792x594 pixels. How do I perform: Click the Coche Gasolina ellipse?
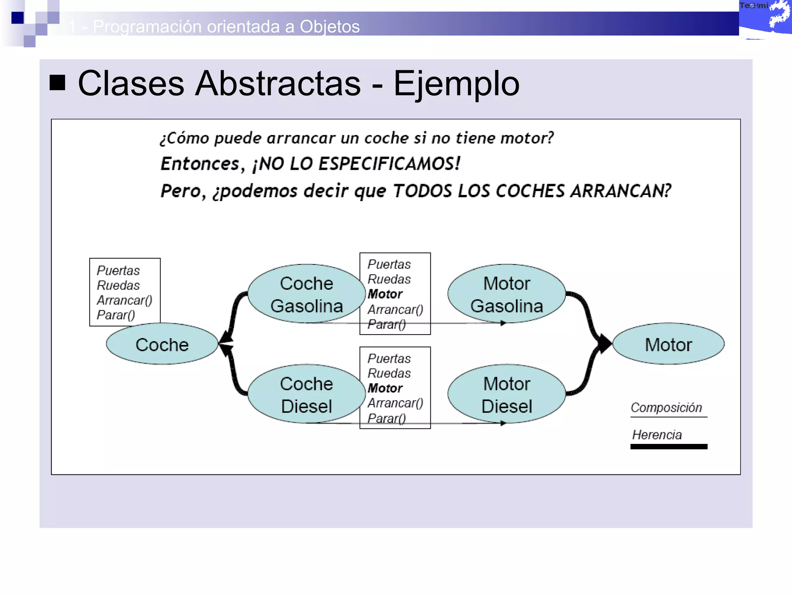coord(306,294)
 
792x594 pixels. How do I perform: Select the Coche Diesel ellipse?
coord(306,394)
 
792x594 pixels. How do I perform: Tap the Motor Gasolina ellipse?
coord(507,294)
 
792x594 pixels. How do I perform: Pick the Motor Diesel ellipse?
coord(507,394)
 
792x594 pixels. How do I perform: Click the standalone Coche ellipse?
coord(162,344)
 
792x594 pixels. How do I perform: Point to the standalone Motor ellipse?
coord(668,344)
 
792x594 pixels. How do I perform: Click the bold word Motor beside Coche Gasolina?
coord(385,294)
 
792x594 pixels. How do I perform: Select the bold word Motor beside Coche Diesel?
coord(385,388)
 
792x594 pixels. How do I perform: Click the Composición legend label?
coord(666,408)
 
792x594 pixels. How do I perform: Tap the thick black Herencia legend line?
coord(669,447)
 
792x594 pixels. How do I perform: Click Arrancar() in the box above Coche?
coord(125,300)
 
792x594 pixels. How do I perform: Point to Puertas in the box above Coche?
coord(118,270)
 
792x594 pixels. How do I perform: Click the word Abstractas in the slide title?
coord(278,84)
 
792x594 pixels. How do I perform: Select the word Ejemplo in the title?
coord(456,84)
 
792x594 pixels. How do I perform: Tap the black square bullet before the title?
coord(57,82)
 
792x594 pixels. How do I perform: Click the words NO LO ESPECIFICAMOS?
coord(360,164)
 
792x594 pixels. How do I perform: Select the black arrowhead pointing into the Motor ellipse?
coord(604,343)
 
